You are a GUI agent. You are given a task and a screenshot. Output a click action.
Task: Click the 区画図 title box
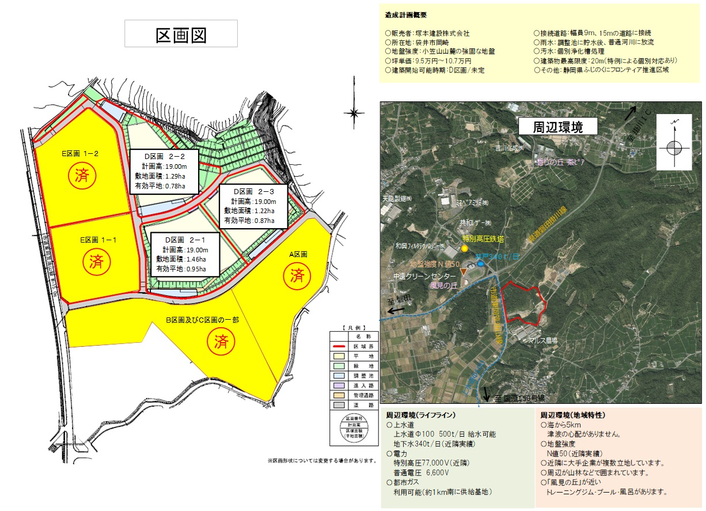click(x=181, y=34)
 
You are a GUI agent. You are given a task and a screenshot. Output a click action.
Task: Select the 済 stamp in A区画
click(x=297, y=275)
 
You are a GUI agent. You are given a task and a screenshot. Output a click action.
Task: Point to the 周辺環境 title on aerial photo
click(x=558, y=126)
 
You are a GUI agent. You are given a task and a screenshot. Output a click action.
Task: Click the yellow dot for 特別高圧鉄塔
click(x=465, y=248)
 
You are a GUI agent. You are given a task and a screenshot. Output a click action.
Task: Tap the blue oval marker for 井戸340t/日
click(x=480, y=264)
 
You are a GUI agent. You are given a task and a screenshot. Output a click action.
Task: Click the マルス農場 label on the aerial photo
click(x=544, y=340)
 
